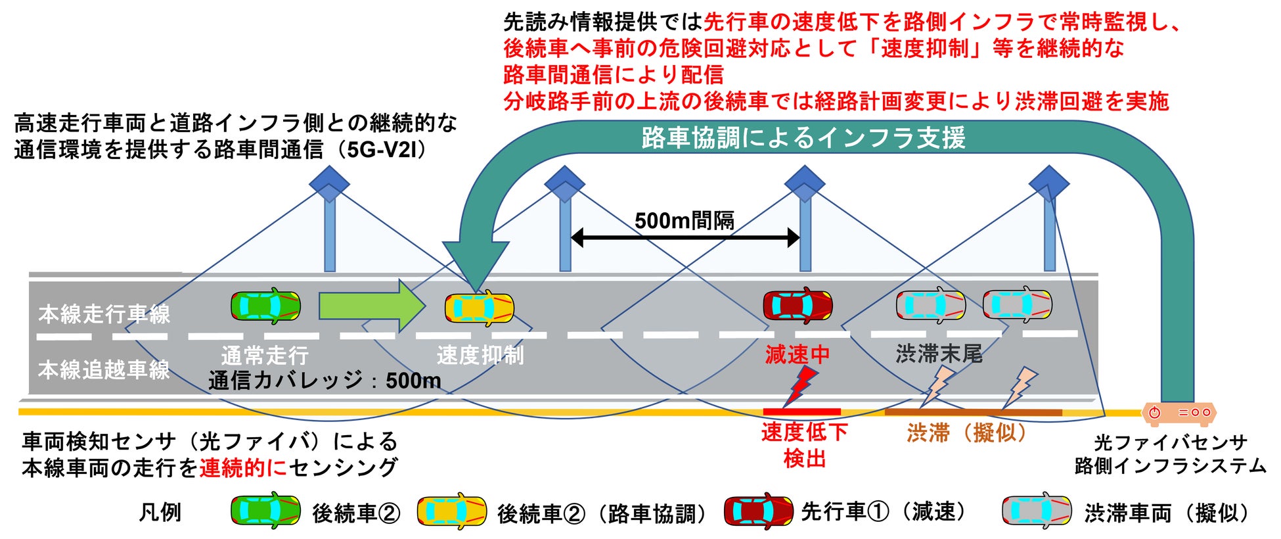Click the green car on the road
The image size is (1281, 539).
click(x=265, y=306)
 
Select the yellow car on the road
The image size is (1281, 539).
click(x=480, y=308)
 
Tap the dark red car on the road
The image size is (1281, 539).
click(x=798, y=306)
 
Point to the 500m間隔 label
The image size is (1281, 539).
click(x=685, y=221)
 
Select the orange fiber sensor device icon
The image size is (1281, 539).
click(x=1179, y=413)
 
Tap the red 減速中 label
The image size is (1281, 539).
click(x=798, y=355)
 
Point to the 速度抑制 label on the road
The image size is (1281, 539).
click(x=480, y=356)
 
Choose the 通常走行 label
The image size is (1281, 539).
click(x=265, y=356)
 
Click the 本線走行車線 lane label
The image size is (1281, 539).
click(x=104, y=314)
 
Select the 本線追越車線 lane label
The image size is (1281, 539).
click(x=104, y=370)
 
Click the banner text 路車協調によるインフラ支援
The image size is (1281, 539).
click(x=803, y=137)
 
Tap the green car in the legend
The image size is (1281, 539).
click(x=265, y=511)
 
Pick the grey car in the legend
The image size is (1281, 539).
click(x=1036, y=511)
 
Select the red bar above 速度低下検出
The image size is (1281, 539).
click(x=801, y=412)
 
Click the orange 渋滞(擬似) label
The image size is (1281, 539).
click(x=965, y=433)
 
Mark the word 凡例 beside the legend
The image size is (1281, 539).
click(x=160, y=512)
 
